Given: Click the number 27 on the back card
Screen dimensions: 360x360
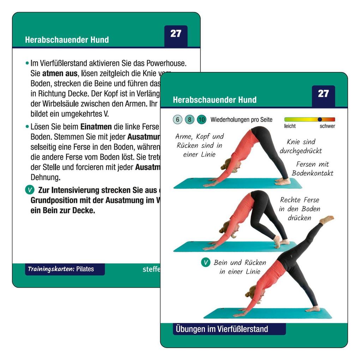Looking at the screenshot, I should click(x=176, y=34).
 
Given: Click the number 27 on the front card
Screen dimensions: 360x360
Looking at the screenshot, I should click(x=323, y=94).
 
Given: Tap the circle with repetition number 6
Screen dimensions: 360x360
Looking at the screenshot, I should click(x=178, y=120).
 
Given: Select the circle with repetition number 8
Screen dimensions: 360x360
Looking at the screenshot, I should click(x=190, y=120).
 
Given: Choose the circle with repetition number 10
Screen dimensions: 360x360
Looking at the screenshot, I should click(x=202, y=120).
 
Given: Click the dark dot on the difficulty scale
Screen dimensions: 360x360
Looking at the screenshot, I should click(x=320, y=120).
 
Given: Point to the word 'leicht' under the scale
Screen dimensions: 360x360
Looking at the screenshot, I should click(x=290, y=126).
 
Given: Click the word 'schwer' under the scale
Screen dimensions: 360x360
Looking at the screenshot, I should click(x=327, y=126).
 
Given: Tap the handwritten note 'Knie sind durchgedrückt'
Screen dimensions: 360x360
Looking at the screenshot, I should click(x=301, y=146).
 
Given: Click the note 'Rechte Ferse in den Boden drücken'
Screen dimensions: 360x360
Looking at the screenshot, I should click(x=299, y=209).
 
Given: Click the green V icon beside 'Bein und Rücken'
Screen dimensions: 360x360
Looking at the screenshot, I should click(x=205, y=262).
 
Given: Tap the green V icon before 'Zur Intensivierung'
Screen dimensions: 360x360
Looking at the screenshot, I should click(x=30, y=190).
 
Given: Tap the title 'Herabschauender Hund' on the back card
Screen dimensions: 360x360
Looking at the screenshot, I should click(x=67, y=40).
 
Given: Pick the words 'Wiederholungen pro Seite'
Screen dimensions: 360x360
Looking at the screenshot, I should click(x=241, y=120).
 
